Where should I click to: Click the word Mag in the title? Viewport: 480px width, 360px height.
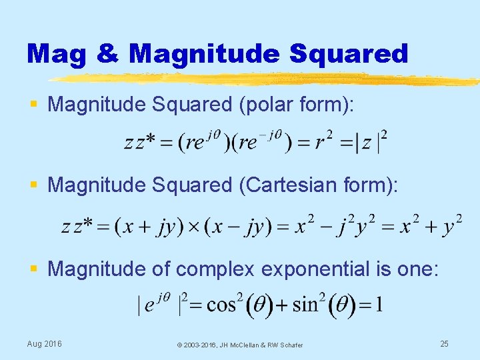click(x=56, y=53)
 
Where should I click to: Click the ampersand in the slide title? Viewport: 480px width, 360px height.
click(x=107, y=53)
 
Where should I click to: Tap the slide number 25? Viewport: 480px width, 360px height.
click(x=444, y=343)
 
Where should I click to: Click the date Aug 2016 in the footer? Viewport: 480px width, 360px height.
click(x=44, y=343)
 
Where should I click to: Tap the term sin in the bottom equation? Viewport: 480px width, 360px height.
click(x=306, y=305)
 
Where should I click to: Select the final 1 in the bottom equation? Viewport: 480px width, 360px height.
click(x=379, y=305)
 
